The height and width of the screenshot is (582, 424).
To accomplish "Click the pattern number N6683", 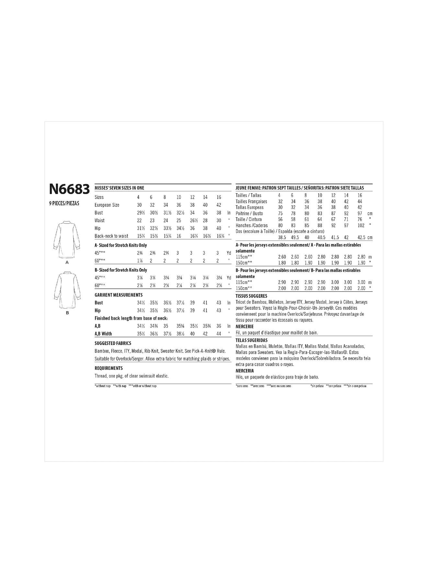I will [69, 189].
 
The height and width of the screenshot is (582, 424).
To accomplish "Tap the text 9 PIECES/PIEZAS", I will [64, 204].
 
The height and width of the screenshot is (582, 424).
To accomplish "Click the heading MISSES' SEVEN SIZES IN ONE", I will [119, 188].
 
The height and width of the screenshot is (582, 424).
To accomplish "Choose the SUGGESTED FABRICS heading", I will [113, 343].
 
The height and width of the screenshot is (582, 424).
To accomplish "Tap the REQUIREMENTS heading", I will [109, 368].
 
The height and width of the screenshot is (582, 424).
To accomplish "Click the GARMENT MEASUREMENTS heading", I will [119, 295].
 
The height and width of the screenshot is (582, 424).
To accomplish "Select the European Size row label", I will [107, 205].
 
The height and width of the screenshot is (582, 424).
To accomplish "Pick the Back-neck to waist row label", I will [111, 236].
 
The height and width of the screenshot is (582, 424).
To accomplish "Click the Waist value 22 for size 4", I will [139, 221].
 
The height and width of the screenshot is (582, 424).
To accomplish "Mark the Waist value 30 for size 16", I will [219, 221].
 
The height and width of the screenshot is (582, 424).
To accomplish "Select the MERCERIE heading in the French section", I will [245, 327].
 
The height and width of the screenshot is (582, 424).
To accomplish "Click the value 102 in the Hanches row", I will [361, 225].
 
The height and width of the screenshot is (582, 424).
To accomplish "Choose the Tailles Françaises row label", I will [251, 201].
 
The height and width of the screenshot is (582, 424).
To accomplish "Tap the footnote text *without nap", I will [102, 386].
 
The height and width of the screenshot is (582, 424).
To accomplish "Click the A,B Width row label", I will [103, 334].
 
